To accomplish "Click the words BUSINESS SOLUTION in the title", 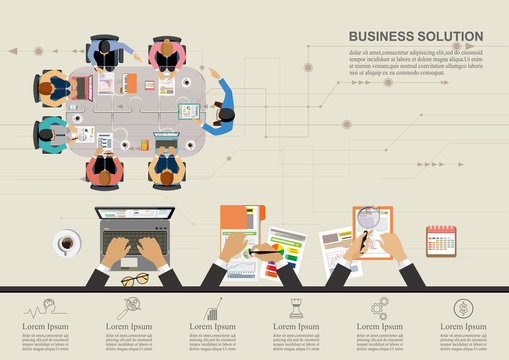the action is point(415,36).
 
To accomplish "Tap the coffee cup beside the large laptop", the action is point(68,242).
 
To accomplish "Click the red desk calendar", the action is point(440,240).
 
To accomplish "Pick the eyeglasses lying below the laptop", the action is point(135,279).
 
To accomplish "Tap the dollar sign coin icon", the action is point(462,308).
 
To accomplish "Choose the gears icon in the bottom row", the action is point(379,308).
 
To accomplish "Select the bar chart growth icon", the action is point(212,309).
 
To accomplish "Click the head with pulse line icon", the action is point(41,308).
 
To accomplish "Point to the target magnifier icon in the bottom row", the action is point(128,308).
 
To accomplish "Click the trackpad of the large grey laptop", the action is point(131,262).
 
